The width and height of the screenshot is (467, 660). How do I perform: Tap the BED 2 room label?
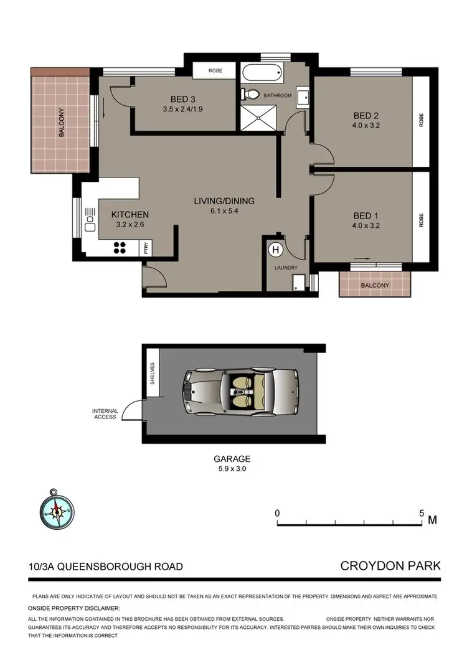click(x=366, y=115)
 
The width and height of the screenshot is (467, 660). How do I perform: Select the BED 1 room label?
click(x=366, y=218)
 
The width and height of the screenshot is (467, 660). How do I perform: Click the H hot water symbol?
click(x=274, y=250)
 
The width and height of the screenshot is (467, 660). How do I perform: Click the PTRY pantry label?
click(x=147, y=248)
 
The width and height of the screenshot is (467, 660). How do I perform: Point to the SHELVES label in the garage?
click(x=151, y=374)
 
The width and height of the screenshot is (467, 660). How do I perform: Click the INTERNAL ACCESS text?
click(x=104, y=414)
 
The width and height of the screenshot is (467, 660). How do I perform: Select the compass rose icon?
click(x=57, y=511)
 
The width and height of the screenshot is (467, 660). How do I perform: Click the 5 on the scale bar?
click(x=421, y=514)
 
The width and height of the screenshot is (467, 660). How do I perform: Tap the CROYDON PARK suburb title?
click(x=390, y=566)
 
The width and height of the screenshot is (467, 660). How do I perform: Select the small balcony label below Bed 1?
click(x=375, y=285)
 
